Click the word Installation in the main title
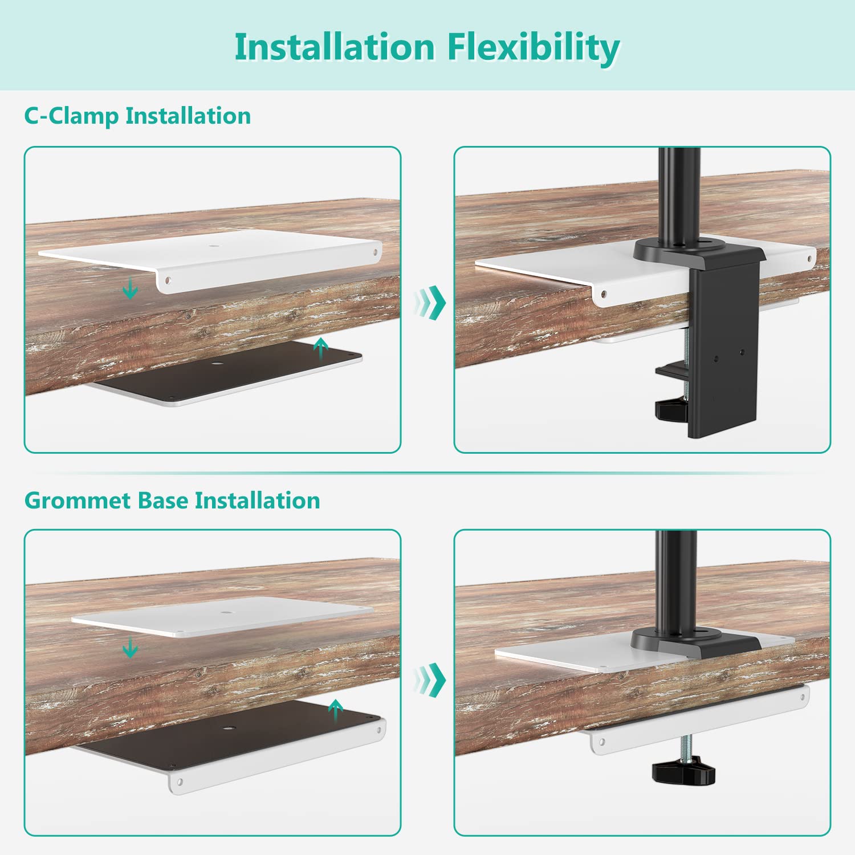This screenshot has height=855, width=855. [x=335, y=47]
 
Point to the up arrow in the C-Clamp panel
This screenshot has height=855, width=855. [x=321, y=347]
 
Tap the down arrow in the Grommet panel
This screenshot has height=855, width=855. [x=131, y=648]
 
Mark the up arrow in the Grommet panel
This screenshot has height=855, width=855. [x=335, y=710]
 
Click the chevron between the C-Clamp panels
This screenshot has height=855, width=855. [x=430, y=302]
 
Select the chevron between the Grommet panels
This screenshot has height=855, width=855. [x=430, y=678]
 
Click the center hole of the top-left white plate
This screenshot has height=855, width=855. [x=214, y=247]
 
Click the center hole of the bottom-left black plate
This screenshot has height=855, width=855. [x=230, y=728]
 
